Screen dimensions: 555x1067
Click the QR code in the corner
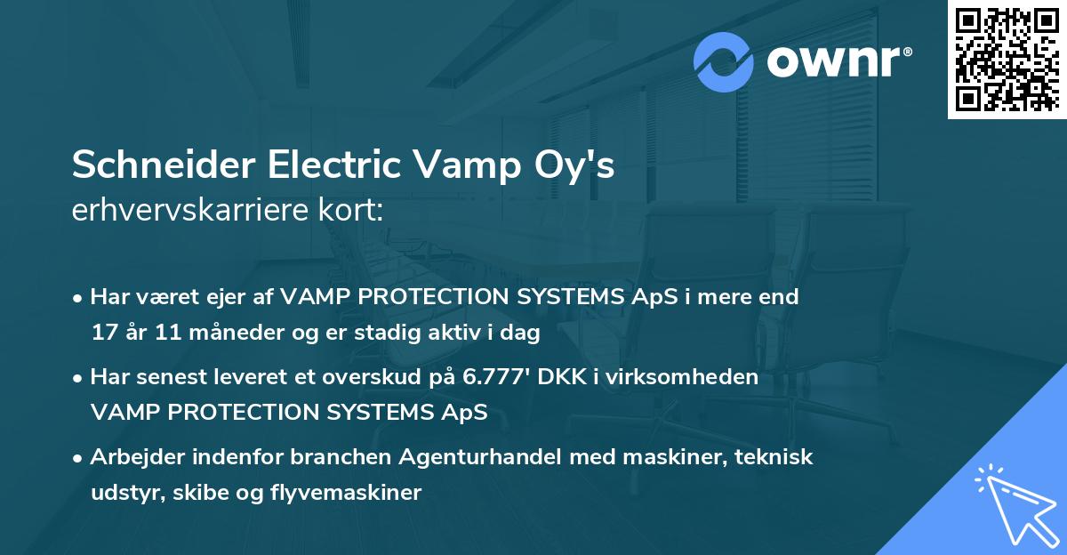[1007, 59]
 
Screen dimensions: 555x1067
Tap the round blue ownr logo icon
[724, 61]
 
